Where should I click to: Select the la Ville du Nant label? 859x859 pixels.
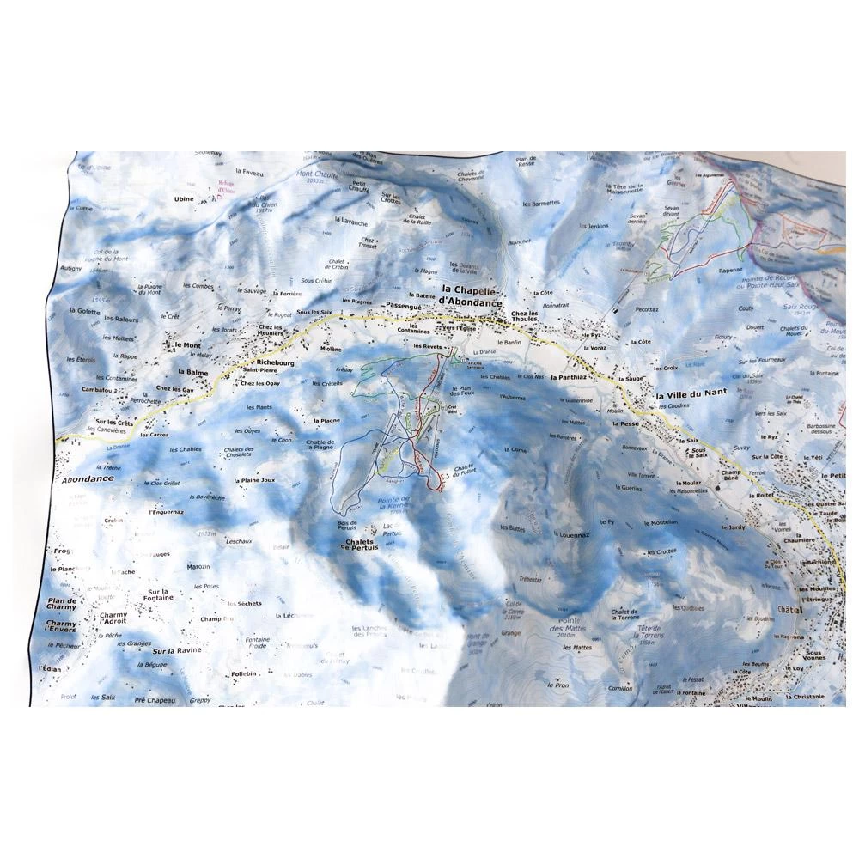[x=691, y=393]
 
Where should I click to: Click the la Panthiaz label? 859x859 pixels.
[x=573, y=376]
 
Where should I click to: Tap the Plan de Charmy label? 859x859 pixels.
[x=63, y=605]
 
